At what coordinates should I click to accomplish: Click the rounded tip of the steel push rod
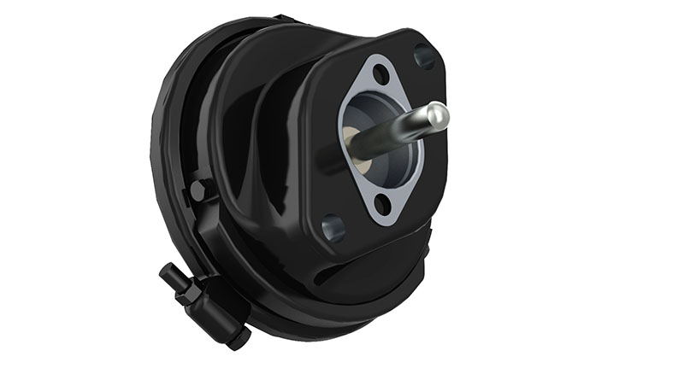(x=438, y=114)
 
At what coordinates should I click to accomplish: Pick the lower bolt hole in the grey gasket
(x=382, y=202)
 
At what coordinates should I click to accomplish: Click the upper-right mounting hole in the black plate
(x=424, y=57)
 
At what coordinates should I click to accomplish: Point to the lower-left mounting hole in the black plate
(x=333, y=228)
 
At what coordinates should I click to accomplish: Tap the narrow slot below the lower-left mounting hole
(x=326, y=271)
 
